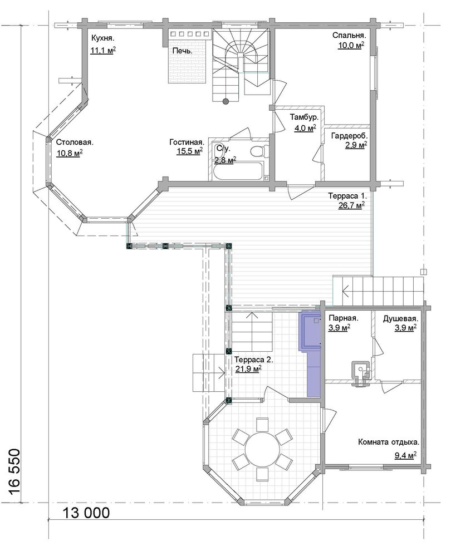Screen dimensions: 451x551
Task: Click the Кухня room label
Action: (x=104, y=38)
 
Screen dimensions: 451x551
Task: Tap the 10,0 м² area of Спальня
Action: (x=351, y=46)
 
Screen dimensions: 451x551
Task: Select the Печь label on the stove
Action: (x=183, y=51)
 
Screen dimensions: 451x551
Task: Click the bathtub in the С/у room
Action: (x=237, y=171)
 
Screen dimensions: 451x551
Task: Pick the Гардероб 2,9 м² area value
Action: (x=356, y=145)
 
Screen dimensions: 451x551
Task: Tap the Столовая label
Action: (x=75, y=142)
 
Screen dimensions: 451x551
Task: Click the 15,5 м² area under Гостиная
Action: (x=189, y=151)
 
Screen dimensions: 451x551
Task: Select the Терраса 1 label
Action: (x=347, y=196)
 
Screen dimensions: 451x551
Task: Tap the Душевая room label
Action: (x=400, y=319)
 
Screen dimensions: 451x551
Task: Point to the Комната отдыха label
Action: (x=389, y=442)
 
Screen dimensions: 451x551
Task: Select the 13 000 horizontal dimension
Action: (x=86, y=513)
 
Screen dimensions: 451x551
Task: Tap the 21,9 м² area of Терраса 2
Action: (x=248, y=369)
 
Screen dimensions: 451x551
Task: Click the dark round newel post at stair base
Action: (x=225, y=101)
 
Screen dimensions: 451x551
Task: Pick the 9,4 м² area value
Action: (x=405, y=456)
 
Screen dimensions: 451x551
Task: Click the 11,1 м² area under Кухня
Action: (x=104, y=50)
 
